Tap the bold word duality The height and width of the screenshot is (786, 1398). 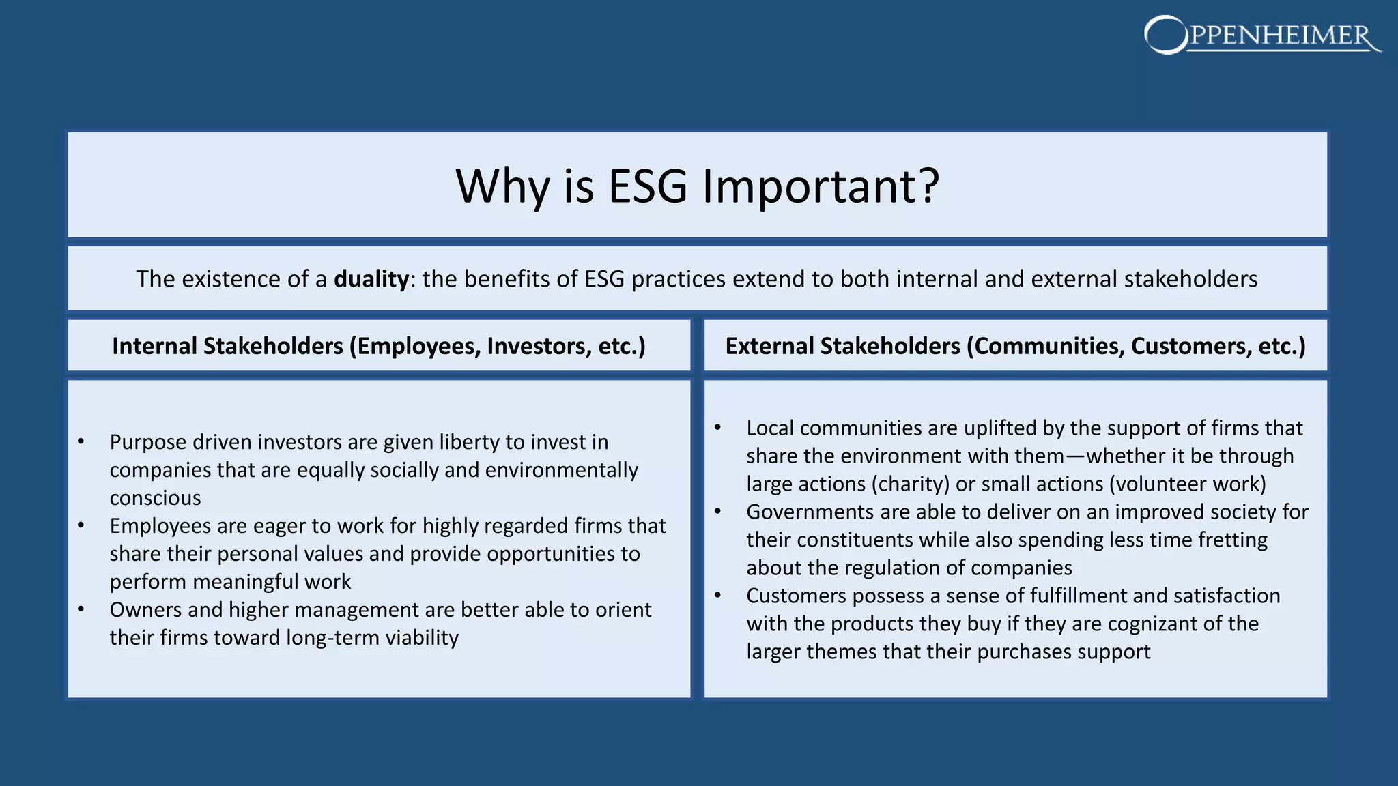pyautogui.click(x=371, y=279)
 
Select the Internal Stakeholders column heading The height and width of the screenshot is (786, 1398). pyautogui.click(x=379, y=346)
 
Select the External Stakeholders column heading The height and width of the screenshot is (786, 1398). pyautogui.click(x=1015, y=346)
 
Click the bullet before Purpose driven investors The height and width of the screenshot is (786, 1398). pyautogui.click(x=81, y=442)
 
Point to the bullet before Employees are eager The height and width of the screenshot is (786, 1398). pyautogui.click(x=81, y=526)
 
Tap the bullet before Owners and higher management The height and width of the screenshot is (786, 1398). pyautogui.click(x=81, y=610)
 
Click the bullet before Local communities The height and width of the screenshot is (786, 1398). pyautogui.click(x=717, y=428)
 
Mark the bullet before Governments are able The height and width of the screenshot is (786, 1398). pyautogui.click(x=717, y=512)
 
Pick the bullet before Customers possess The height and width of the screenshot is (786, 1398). pyautogui.click(x=717, y=596)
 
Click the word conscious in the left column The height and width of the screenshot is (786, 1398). pyautogui.click(x=155, y=498)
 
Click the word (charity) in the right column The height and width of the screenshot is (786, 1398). pyautogui.click(x=909, y=484)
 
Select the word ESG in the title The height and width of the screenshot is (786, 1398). pyautogui.click(x=647, y=186)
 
